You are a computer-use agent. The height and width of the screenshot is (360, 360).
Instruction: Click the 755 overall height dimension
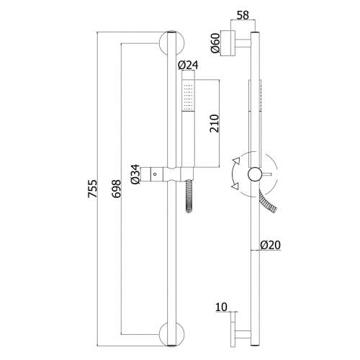(x=93, y=189)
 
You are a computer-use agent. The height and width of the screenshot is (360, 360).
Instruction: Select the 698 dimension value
(x=117, y=189)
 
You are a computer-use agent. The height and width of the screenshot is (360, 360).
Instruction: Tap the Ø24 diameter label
(x=188, y=65)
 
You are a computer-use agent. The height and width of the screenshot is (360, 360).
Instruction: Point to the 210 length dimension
(x=215, y=124)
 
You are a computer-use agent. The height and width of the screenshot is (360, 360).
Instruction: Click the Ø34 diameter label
(x=135, y=174)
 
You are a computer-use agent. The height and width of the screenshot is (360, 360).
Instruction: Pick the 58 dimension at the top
(x=243, y=15)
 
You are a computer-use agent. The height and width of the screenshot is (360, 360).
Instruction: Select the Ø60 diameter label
(x=215, y=43)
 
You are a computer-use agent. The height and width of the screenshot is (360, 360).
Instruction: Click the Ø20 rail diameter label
(x=271, y=245)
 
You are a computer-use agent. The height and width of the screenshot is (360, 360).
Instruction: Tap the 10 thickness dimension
(x=221, y=307)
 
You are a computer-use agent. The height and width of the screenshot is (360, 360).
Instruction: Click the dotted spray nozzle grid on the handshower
(x=188, y=96)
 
